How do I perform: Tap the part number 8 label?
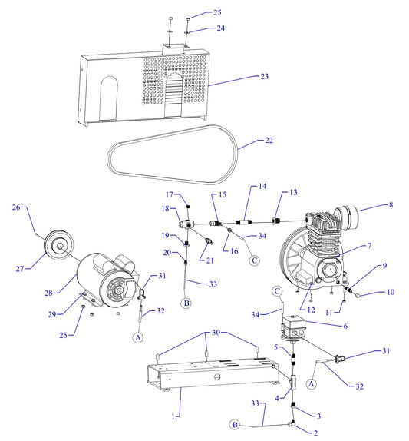[391, 206]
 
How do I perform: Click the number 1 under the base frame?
[176, 416]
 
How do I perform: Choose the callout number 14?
[262, 187]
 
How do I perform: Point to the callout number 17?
[171, 194]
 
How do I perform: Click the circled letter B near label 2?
[236, 424]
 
